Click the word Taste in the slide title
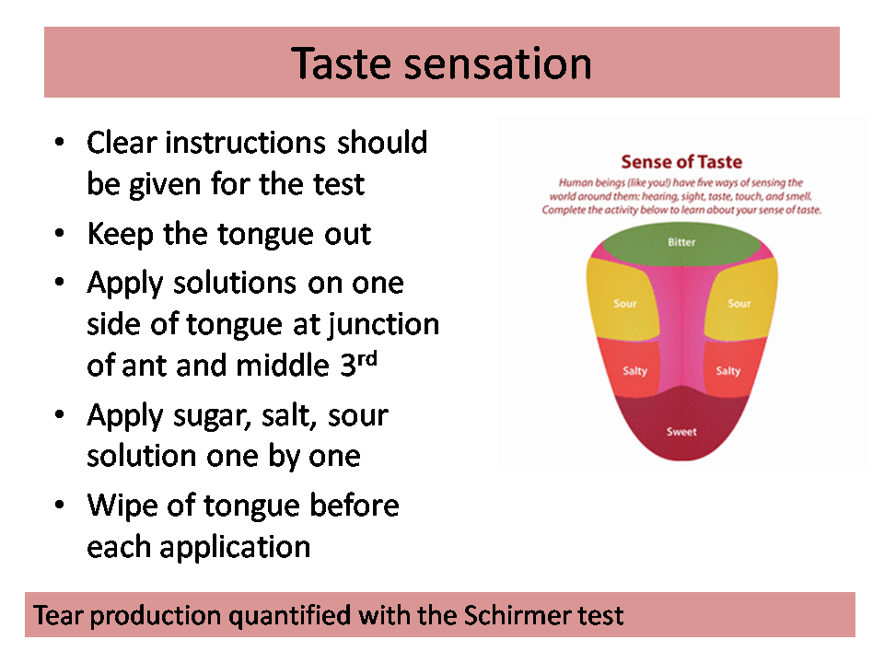click(x=341, y=64)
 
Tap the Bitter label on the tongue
click(x=681, y=242)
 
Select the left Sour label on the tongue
click(x=625, y=303)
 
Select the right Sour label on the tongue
click(x=739, y=303)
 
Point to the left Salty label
click(x=634, y=371)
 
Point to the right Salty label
click(x=727, y=371)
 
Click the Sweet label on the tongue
click(x=681, y=432)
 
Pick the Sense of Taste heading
click(x=681, y=162)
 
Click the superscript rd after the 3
click(x=367, y=358)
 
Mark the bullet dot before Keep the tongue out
click(x=59, y=233)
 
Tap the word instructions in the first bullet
click(x=245, y=143)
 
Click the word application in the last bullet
click(x=235, y=548)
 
